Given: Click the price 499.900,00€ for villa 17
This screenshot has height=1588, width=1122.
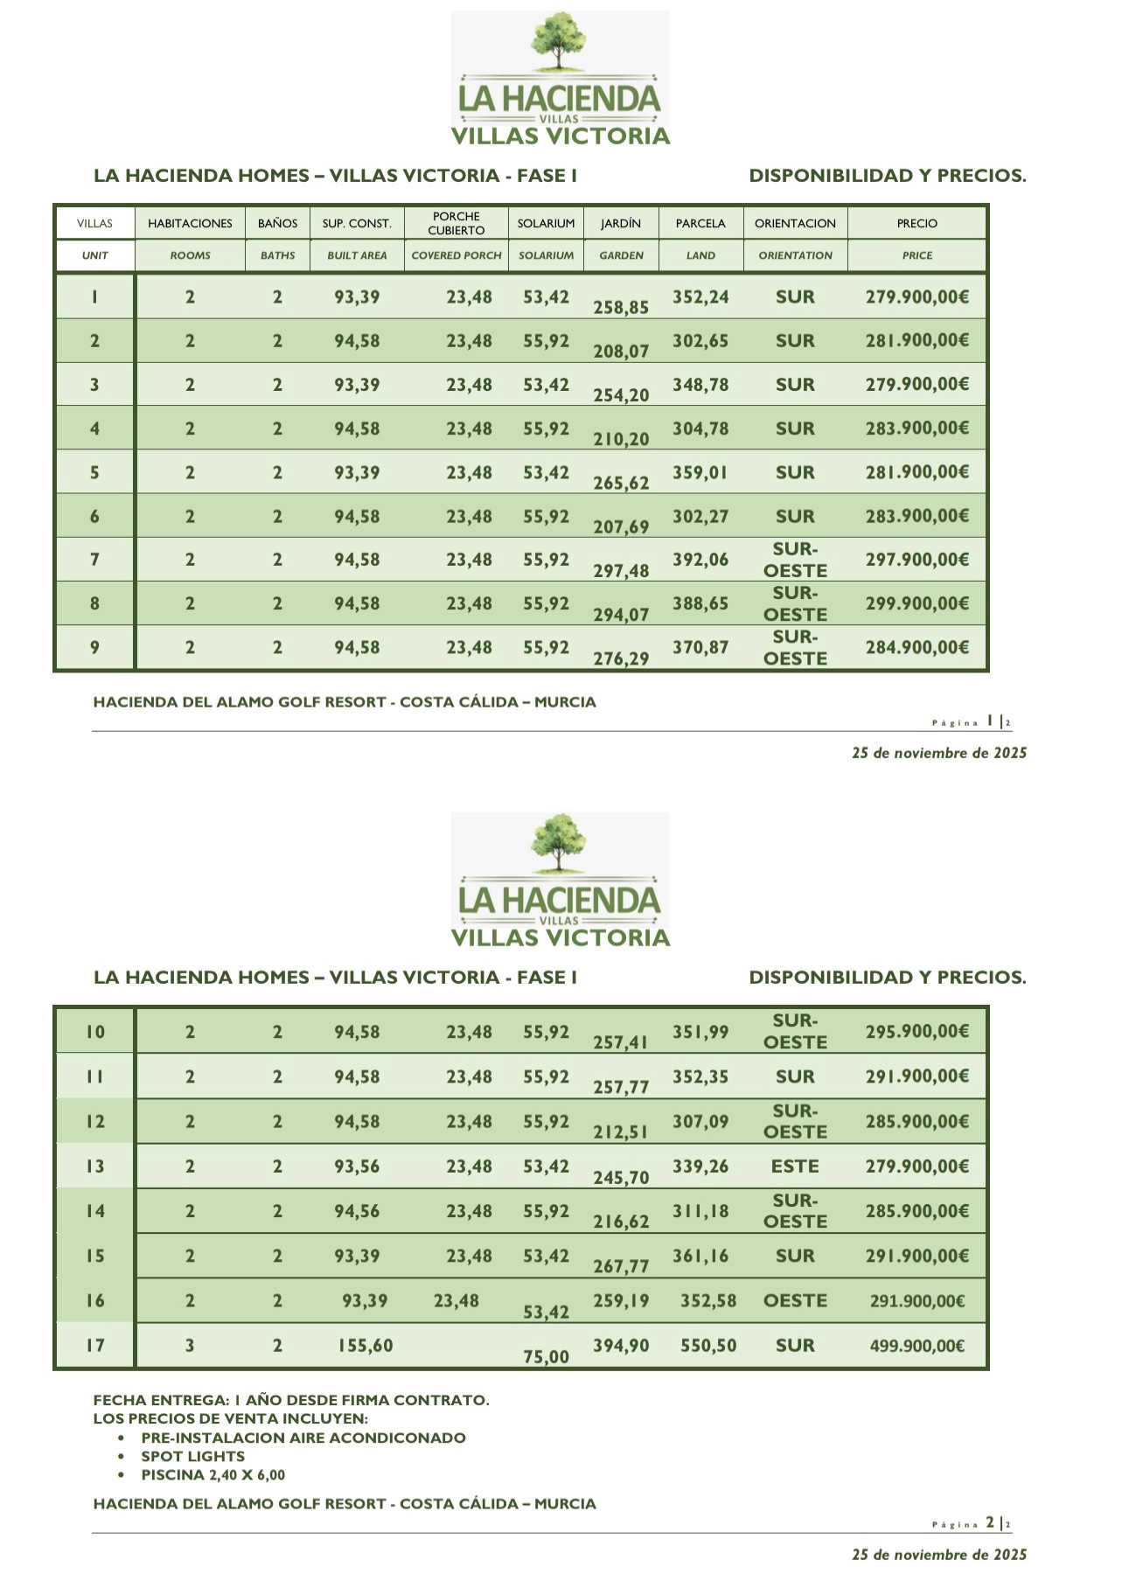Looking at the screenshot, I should tap(916, 1346).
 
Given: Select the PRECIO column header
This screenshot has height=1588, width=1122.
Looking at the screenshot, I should tap(916, 223).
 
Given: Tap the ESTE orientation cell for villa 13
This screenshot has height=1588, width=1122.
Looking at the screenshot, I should tap(794, 1167).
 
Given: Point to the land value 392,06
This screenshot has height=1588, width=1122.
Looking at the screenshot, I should tap(700, 560).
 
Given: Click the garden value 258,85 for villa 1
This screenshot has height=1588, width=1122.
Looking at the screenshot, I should tap(621, 308).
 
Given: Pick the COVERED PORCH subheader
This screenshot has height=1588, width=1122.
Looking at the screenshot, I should tap(456, 255).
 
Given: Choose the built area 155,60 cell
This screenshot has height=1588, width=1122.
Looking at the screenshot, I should tap(366, 1346).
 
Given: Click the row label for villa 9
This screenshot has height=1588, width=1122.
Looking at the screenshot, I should tap(94, 648).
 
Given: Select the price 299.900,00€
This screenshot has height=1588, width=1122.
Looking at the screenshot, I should tap(916, 603).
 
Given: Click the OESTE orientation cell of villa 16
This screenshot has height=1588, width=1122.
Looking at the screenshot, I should tap(794, 1301).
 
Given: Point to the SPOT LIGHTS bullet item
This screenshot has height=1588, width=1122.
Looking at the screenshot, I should tap(192, 1456).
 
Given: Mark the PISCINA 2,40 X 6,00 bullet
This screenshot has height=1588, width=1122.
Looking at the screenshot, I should tap(213, 1474).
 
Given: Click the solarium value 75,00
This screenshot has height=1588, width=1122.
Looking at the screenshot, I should tap(546, 1357).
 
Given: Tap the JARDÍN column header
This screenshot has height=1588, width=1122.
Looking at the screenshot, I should tap(621, 223).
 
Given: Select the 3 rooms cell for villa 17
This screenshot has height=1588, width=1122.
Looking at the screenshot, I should tap(190, 1346).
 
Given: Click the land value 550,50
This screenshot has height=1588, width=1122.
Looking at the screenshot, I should tap(708, 1346).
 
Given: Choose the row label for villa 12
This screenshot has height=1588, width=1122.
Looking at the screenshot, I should tap(94, 1122).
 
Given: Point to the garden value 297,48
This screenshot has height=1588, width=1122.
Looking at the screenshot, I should tap(621, 571).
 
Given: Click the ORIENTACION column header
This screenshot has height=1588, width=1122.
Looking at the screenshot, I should tap(794, 223).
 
